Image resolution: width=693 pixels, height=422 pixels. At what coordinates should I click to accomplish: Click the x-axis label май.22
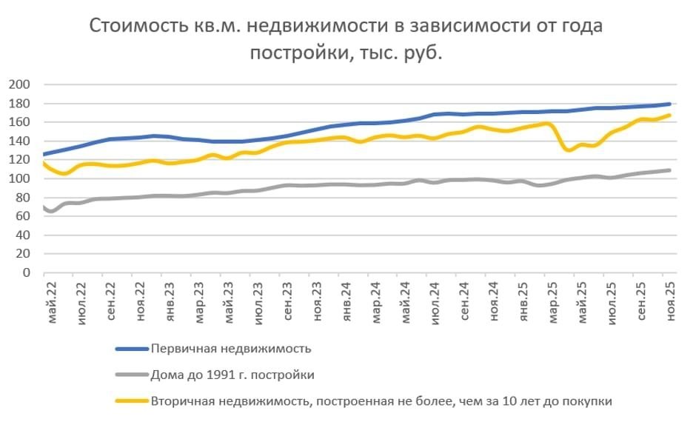point(53,298)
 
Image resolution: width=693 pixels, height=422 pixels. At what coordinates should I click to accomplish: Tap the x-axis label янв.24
point(346,298)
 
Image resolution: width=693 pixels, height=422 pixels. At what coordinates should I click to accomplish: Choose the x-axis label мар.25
point(551,298)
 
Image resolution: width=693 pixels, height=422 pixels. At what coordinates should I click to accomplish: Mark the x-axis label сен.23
point(287,298)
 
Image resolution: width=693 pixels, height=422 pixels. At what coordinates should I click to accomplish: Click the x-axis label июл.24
point(434,298)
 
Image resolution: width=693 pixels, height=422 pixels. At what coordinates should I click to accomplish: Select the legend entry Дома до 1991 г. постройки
point(232,375)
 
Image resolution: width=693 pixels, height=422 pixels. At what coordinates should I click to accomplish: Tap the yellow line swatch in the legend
point(130,402)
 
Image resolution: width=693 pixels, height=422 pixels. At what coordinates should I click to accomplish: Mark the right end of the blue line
point(669,104)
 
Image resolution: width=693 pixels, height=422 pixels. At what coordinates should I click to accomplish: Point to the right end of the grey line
point(669,170)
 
